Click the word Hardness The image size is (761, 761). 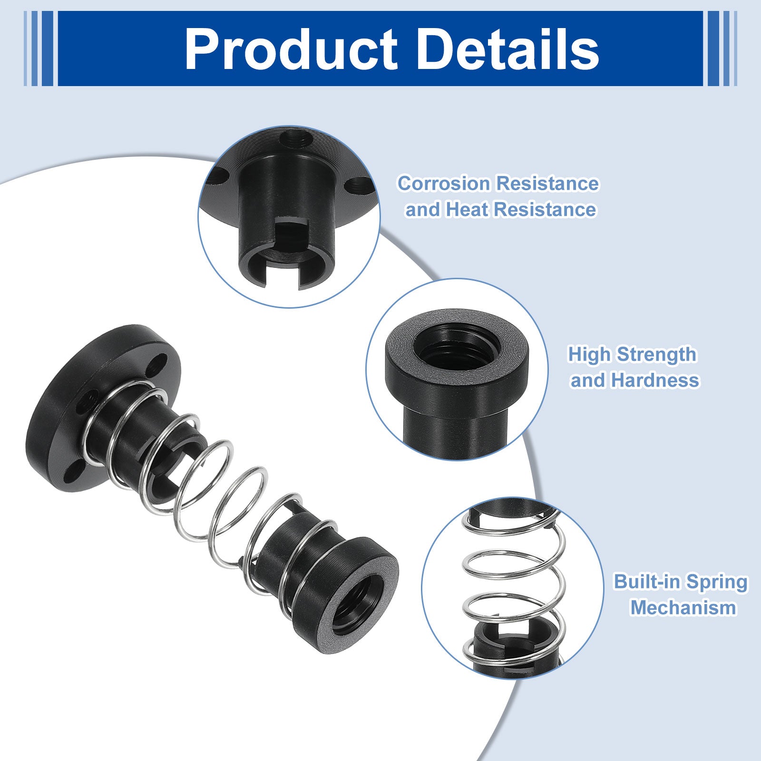pos(655,380)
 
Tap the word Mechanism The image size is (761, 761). pos(683,608)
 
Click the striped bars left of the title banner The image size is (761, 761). pos(39,49)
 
